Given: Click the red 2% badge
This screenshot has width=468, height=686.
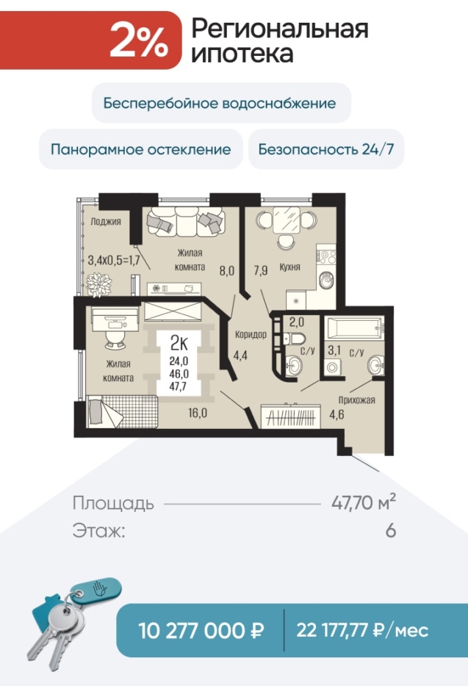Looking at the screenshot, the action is pos(90,40).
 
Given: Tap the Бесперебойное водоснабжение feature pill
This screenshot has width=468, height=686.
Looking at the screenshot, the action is pos(221,103).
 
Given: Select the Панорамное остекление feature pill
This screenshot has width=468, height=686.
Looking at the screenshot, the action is pos(140,149).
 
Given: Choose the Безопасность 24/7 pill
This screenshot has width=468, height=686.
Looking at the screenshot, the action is pos(326,149).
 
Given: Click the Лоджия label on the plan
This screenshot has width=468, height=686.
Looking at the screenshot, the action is pos(106,221).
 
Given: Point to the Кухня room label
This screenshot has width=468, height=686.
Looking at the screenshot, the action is pos(289,267).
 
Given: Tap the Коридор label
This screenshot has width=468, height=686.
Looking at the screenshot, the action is pos(251,335).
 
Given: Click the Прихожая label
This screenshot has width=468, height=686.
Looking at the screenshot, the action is pos(356,400).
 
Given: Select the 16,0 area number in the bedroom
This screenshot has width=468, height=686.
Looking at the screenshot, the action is pos(198,413).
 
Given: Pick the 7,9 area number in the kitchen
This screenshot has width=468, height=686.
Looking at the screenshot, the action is pos(261,270).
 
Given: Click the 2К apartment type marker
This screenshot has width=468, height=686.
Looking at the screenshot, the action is pos(179,344).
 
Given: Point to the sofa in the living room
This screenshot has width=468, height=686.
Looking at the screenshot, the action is pos(186,221).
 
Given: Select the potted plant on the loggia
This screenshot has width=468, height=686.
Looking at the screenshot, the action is pos(98,285).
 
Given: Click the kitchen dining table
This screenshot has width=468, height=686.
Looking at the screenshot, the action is pos(287,220).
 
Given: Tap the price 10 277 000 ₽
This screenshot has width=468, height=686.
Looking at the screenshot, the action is pos(201,630).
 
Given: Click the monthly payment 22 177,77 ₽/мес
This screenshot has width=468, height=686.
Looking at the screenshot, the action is pos(362,630).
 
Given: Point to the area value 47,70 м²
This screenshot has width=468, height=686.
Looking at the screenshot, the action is pos(364,502).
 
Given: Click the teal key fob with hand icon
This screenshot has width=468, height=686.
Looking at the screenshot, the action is pos(96,591).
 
